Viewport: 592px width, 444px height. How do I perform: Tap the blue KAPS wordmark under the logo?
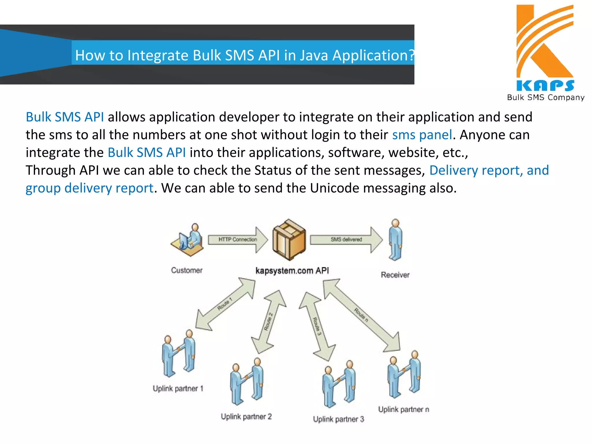point(545,86)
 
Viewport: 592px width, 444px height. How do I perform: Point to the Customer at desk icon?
point(188,240)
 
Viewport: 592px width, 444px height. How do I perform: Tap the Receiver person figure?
point(395,240)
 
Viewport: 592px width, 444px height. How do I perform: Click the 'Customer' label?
point(187,270)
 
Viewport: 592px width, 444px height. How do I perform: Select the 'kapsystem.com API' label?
point(292,271)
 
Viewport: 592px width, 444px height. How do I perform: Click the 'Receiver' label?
point(395,275)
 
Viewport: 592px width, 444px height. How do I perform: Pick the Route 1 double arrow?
point(225,304)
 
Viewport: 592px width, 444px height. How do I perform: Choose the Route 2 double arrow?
point(269,322)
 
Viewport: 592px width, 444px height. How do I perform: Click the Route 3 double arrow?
point(317,326)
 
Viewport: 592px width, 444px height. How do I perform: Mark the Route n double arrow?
point(361,315)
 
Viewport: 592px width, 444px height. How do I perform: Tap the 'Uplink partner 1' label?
point(178,388)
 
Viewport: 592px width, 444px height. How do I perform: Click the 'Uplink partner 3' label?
point(338,419)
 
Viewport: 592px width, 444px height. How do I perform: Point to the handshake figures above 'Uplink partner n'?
point(404,374)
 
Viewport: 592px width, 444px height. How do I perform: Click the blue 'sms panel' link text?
point(422,135)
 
